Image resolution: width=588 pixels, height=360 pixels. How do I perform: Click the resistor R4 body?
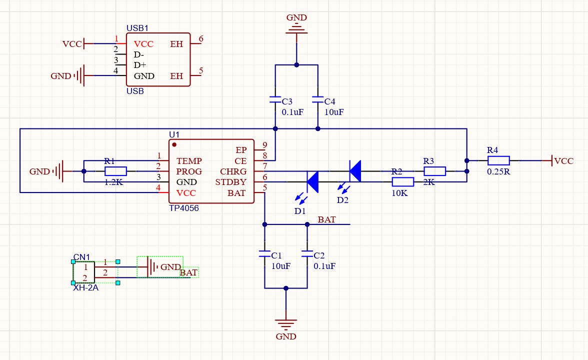tap(498, 160)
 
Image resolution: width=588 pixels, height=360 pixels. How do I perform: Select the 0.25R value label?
tap(498, 171)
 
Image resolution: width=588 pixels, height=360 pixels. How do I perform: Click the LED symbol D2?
tap(355, 171)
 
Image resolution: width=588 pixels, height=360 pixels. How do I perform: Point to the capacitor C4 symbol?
tap(317, 100)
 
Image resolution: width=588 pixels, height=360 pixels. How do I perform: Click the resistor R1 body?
tap(115, 171)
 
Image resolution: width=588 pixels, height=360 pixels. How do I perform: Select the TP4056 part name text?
tap(183, 208)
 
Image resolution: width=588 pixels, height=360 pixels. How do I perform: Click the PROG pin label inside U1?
tap(189, 171)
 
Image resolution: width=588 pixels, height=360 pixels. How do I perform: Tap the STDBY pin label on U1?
tap(230, 182)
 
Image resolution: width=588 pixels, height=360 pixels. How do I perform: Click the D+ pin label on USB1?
tap(140, 65)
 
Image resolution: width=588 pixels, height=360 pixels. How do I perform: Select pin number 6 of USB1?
tap(201, 39)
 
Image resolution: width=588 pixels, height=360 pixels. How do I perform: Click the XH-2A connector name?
tap(85, 287)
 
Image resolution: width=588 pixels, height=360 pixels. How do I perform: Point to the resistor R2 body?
tap(402, 182)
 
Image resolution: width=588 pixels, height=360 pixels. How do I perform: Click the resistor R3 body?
tap(434, 171)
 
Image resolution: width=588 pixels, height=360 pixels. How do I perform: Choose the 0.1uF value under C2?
tap(324, 266)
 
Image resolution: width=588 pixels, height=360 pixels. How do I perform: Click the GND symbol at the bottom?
tap(286, 325)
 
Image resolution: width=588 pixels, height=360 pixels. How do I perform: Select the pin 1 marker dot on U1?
tap(174, 144)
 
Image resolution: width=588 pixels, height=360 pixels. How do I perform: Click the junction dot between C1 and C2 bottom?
tap(286, 288)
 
